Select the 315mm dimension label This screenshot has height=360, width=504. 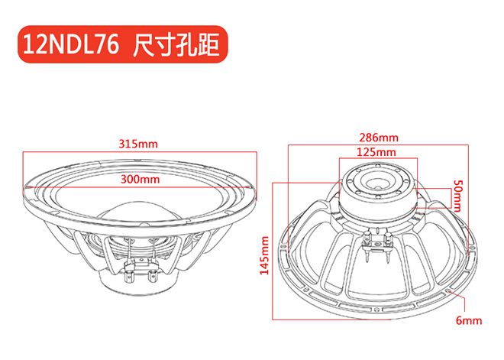[138, 144]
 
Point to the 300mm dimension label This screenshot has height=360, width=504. [140, 180]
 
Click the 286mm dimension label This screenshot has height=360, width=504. [379, 138]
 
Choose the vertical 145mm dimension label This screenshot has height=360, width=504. [264, 255]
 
